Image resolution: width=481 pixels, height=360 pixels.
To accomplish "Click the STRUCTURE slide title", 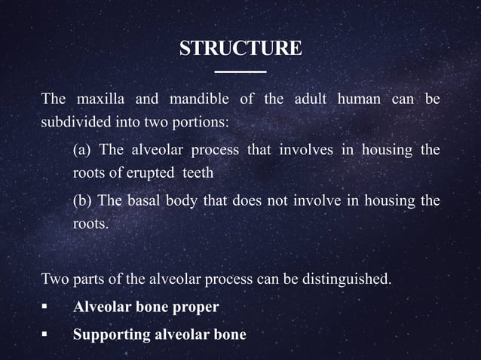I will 240,49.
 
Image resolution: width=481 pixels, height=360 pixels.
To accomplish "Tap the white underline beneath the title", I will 240,72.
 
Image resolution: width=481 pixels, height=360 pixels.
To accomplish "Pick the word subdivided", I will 76,121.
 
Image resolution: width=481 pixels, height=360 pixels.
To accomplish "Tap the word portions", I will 203,121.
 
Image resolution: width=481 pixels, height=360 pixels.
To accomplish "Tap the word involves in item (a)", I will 307,150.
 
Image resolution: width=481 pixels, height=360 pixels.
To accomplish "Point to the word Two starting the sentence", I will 54,281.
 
